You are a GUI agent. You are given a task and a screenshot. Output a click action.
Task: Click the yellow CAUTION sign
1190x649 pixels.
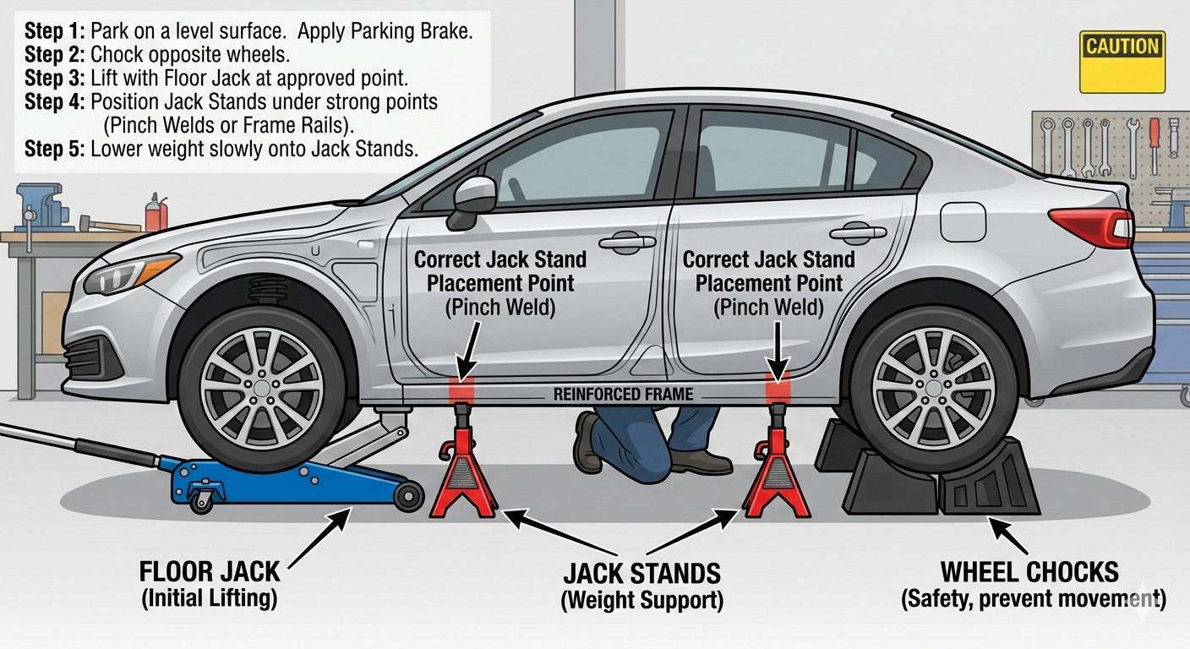click(x=1122, y=61)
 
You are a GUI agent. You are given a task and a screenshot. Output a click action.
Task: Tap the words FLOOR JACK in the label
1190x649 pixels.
click(x=210, y=572)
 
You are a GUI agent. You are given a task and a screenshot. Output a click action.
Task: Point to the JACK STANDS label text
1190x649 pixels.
click(x=641, y=574)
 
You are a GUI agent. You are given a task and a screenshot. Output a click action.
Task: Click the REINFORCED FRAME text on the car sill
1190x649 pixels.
click(x=623, y=394)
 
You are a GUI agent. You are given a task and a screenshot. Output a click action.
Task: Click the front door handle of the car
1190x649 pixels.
click(x=627, y=243)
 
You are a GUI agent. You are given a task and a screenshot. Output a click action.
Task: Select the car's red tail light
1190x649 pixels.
click(x=1091, y=226)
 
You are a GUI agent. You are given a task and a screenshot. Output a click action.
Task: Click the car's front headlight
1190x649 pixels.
click(x=131, y=272)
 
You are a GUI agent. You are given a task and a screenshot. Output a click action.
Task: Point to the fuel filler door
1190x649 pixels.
click(x=963, y=221)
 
